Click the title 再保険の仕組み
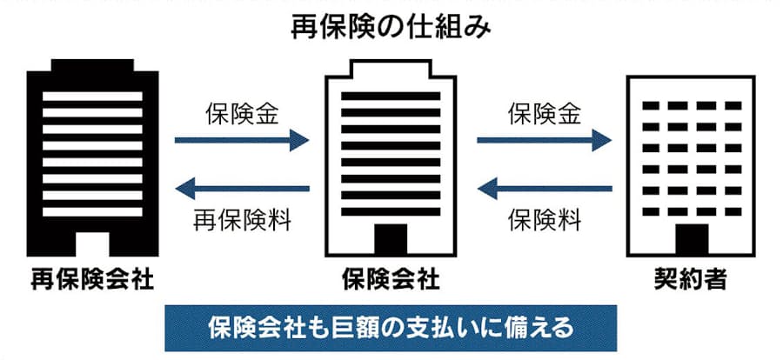click(391, 28)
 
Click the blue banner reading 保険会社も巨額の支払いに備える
click(391, 328)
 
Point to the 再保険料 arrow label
click(242, 220)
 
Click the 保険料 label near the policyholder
click(545, 220)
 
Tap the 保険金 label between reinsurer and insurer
click(242, 114)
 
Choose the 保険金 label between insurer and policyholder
click(545, 114)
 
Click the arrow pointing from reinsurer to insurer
click(242, 140)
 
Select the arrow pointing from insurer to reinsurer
click(242, 189)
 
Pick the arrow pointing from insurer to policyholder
click(545, 140)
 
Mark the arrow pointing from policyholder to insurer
click(545, 189)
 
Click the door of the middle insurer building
click(391, 239)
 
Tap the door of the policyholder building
click(692, 239)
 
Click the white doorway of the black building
click(92, 244)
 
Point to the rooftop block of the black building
click(92, 65)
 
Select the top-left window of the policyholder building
click(651, 106)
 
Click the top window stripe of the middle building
click(391, 97)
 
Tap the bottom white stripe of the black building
click(92, 211)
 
